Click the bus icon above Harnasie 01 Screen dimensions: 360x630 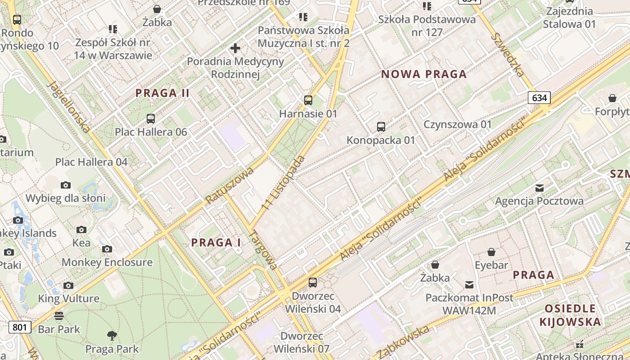(x=308, y=100)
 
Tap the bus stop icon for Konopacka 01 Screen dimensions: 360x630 (x=381, y=127)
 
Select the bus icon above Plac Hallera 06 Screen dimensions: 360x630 (x=151, y=119)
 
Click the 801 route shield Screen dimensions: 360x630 (x=20, y=327)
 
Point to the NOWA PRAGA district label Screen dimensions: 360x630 (x=424, y=74)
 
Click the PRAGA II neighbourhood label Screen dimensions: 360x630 (x=162, y=93)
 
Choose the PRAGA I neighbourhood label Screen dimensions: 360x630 (x=216, y=243)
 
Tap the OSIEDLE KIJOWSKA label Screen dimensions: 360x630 (x=570, y=315)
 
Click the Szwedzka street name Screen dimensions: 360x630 (x=508, y=55)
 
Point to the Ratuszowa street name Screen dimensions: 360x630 (x=229, y=184)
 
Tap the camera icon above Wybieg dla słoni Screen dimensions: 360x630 (x=66, y=185)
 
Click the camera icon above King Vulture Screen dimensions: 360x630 (x=68, y=285)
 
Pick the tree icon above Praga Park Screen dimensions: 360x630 (x=112, y=335)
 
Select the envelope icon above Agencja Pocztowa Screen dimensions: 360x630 (x=540, y=188)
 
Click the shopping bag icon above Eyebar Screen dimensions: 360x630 (x=491, y=252)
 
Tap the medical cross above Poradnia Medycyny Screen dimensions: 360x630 (x=235, y=48)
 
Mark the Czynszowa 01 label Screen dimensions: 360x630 (x=458, y=124)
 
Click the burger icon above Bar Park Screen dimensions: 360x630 (x=58, y=315)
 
